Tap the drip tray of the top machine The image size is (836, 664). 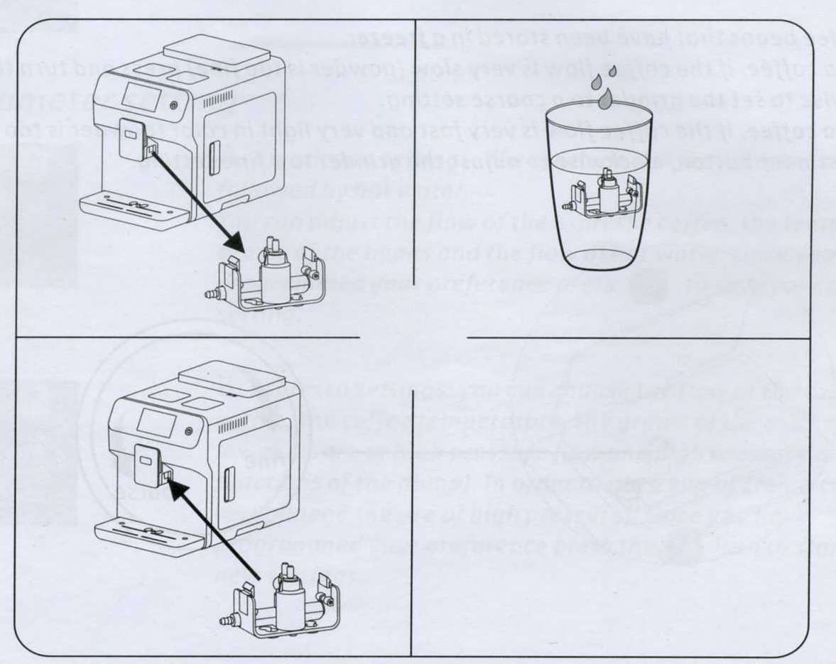coord(135,208)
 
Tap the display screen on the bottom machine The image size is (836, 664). coord(156,423)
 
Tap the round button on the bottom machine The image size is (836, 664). coord(188,431)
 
